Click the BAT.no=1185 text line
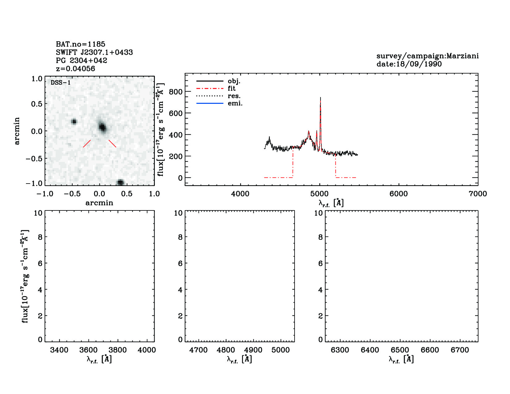[80, 44]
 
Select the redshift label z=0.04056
[75, 69]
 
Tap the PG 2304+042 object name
[81, 61]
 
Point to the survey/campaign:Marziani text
[427, 56]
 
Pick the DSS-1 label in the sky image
[60, 83]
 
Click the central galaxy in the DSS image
[102, 127]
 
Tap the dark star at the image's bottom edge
[120, 182]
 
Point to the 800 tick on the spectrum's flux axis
[176, 92]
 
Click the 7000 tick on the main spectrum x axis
[478, 194]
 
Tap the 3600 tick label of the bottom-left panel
[88, 350]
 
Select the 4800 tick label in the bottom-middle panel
[226, 350]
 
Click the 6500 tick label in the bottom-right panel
[400, 350]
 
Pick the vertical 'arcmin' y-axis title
[17, 131]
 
